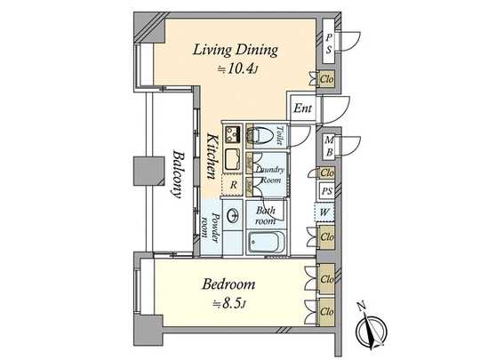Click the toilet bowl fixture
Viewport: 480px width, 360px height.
coord(261,135)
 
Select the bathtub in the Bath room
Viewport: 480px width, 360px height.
coord(266,242)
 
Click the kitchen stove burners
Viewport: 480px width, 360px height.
coord(233,135)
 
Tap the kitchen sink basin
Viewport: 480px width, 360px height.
coord(233,161)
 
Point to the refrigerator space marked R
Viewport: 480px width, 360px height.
coord(233,185)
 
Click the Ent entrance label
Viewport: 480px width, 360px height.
coord(302,110)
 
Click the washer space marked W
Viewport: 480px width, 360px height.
coord(327,212)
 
